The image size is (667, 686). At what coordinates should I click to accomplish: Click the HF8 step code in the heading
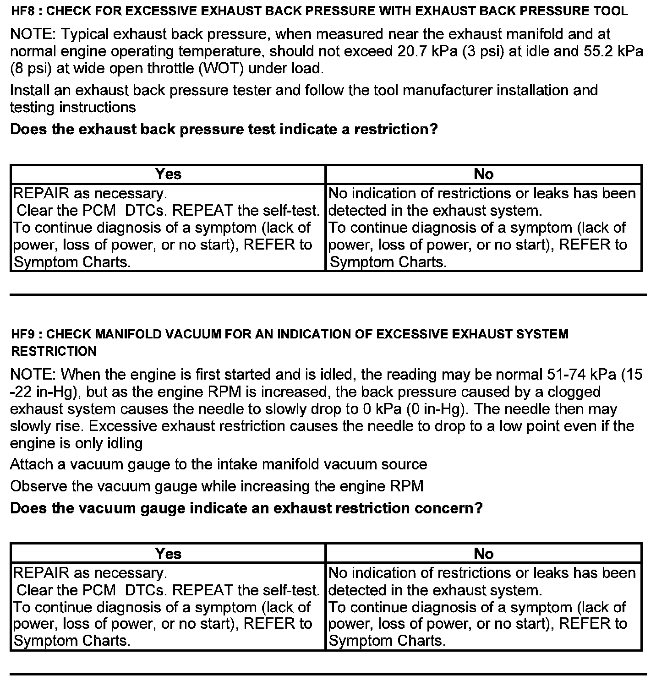coord(22,11)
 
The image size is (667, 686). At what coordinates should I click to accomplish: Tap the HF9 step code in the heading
coord(22,334)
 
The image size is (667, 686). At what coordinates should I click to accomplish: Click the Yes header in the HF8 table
coord(168,174)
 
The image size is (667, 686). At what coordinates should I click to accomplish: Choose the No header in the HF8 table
coord(484,174)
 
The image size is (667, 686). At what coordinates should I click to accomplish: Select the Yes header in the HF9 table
coord(168,554)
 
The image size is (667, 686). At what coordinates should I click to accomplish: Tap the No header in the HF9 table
coord(484,554)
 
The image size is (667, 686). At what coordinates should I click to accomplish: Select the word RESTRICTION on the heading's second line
coord(54,352)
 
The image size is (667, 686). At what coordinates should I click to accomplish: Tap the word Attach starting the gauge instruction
coord(32,465)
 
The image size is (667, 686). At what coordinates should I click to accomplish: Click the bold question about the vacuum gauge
coord(246,508)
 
